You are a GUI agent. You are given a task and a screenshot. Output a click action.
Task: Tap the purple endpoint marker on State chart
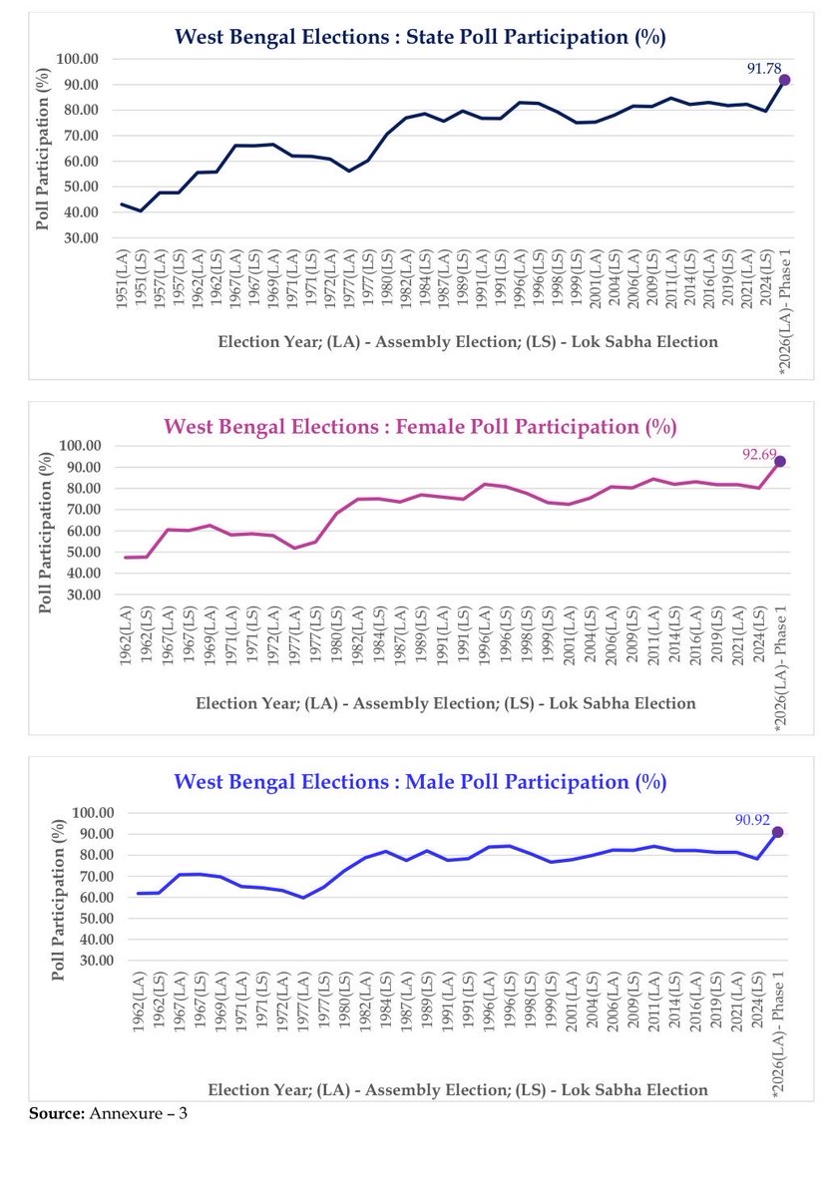tap(785, 80)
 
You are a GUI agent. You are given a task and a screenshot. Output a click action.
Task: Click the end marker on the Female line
tap(780, 462)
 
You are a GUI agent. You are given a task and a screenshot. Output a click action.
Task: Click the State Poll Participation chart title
tap(420, 37)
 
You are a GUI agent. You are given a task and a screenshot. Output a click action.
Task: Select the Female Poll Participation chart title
tap(420, 427)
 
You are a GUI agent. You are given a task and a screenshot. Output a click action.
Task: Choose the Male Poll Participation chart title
tap(420, 781)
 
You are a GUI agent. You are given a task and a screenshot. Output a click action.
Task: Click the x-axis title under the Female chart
tap(445, 703)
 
